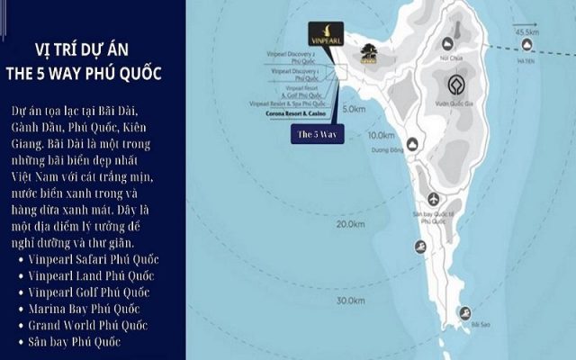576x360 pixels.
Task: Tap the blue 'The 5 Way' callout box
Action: click(x=316, y=133)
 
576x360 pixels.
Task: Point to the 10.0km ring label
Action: click(x=382, y=135)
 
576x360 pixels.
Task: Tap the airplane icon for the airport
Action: click(x=434, y=199)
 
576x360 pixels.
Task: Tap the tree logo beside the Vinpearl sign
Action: click(x=367, y=54)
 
